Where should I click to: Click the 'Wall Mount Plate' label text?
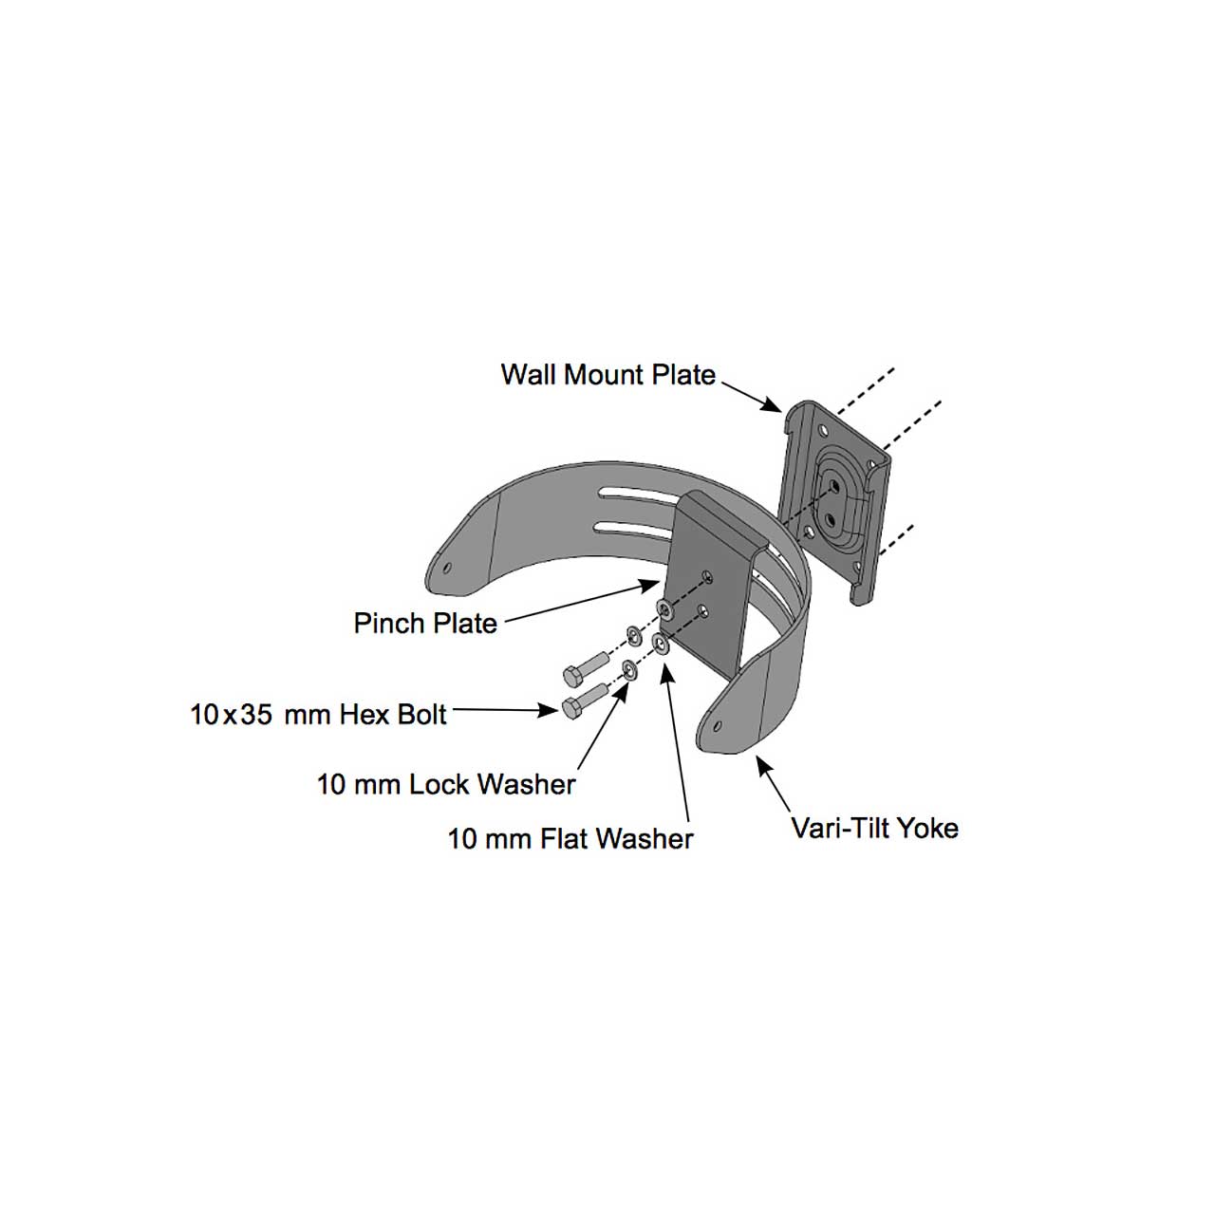coord(608,375)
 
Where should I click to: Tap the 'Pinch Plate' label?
coord(425,623)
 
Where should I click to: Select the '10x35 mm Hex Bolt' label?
coord(318,715)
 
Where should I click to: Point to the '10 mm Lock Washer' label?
coord(446,784)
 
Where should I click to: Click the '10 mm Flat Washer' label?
coord(570,838)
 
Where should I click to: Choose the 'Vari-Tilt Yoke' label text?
coord(874,828)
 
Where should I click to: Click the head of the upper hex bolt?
coord(573,677)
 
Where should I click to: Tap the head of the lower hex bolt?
coord(571,708)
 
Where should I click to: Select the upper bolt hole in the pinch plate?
coord(706,576)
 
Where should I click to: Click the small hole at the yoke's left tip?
coord(447,568)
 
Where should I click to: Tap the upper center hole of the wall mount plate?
coord(834,485)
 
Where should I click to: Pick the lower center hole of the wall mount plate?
coord(831,519)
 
